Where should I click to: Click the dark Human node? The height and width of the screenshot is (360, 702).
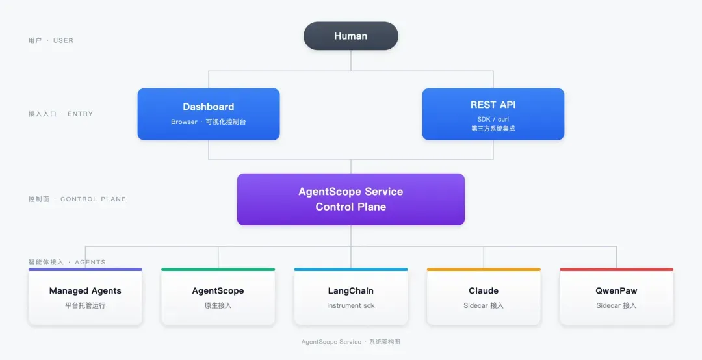350,36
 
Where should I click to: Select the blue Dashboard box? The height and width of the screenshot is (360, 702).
209,114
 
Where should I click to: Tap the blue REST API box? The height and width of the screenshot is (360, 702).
493,114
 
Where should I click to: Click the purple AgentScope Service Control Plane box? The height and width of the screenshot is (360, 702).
351,199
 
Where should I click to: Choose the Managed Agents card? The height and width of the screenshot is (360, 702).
85,296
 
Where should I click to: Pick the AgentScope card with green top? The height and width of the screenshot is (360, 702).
218,296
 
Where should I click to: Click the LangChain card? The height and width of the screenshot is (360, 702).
351,296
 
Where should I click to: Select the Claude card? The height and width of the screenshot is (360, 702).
484,296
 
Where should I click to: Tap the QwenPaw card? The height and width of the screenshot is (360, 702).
616,296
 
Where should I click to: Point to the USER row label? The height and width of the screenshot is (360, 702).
51,40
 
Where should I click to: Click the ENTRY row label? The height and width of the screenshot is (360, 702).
60,114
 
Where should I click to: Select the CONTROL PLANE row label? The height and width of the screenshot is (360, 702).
77,199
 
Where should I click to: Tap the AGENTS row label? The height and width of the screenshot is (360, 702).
67,262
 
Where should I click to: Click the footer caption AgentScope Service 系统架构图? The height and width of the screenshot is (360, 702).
350,342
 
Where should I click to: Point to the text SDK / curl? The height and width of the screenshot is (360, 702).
493,119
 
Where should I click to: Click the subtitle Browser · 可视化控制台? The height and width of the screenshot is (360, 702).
209,122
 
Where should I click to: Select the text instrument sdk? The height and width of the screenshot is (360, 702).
351,306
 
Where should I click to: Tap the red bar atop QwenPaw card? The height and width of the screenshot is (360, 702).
616,270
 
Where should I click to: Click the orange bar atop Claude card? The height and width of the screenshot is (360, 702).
484,270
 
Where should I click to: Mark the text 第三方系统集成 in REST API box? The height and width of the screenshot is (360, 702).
493,129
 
